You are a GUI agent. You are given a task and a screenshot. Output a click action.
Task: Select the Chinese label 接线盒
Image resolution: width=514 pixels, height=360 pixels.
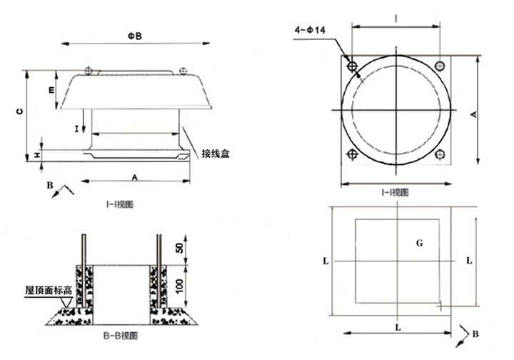click(x=215, y=154)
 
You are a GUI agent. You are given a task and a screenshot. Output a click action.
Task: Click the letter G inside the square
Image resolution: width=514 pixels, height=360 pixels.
click(x=420, y=244)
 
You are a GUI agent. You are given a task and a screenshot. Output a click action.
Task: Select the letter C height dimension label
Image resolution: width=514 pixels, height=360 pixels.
click(x=21, y=111)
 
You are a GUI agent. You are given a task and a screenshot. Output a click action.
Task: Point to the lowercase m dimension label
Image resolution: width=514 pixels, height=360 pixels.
click(x=51, y=91)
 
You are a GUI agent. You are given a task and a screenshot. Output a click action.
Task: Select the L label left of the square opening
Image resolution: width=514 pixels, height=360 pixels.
click(x=325, y=261)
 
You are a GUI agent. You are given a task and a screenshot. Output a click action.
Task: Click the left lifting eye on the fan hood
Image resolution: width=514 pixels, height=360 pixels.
click(x=88, y=70)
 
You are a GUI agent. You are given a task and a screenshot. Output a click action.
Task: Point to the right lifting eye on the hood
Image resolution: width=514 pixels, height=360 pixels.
click(x=183, y=70)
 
